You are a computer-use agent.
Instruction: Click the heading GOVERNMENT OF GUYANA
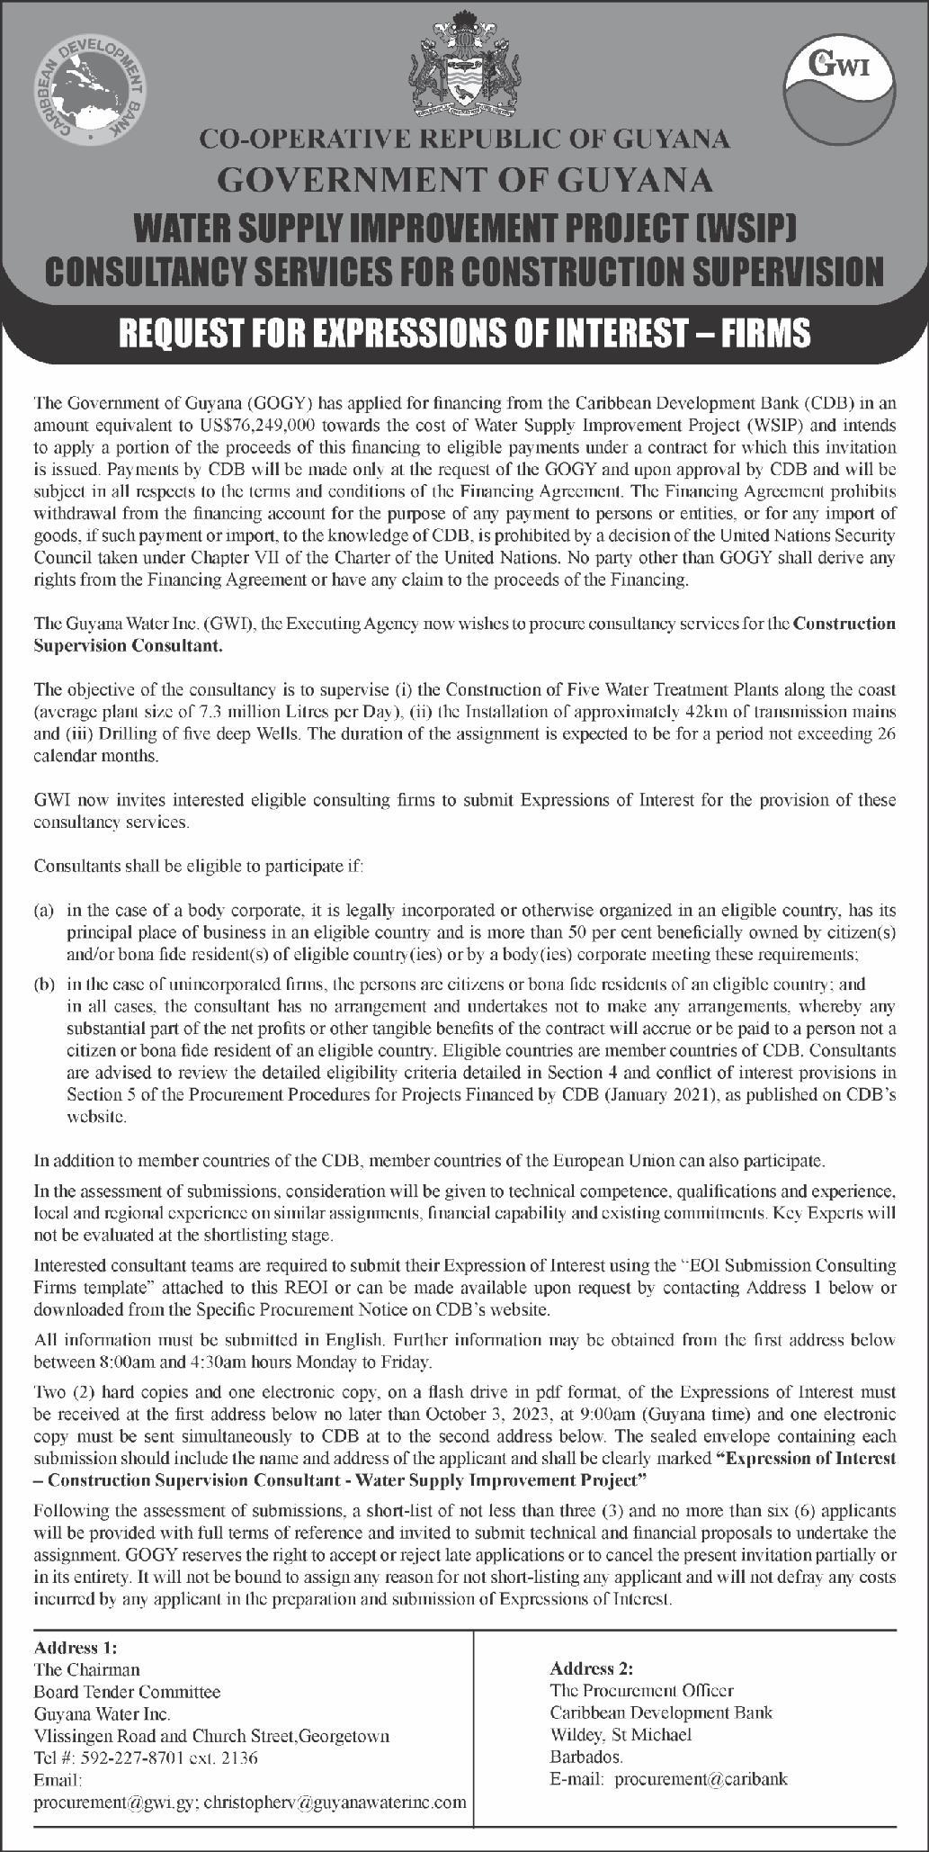465,181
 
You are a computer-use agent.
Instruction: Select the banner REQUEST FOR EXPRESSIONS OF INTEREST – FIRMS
464,333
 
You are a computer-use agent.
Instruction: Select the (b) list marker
44,984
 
